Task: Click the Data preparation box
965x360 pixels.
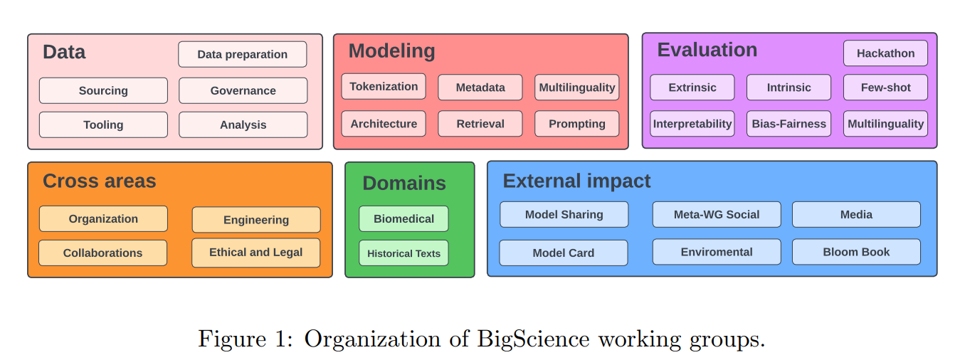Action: [x=243, y=54]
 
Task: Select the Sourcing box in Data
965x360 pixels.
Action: [x=103, y=90]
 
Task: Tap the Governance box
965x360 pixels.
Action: [x=243, y=90]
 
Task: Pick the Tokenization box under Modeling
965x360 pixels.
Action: [x=384, y=87]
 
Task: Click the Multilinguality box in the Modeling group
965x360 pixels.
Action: [x=577, y=88]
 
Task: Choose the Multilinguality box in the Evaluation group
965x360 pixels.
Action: [x=885, y=124]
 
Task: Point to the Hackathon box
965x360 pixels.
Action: [x=885, y=53]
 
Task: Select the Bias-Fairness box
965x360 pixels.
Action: [x=789, y=124]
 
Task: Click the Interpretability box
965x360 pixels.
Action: [x=692, y=124]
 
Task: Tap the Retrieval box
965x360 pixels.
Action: [x=480, y=124]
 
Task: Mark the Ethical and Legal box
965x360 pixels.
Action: [x=256, y=253]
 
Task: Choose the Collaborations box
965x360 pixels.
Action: [x=103, y=253]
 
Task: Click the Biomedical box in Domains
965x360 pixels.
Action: [x=404, y=218]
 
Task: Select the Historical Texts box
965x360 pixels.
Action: [x=404, y=253]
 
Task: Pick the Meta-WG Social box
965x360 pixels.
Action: [x=717, y=214]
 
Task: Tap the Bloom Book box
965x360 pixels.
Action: [x=856, y=252]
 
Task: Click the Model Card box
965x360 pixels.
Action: [x=564, y=253]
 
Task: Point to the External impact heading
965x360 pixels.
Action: [x=576, y=181]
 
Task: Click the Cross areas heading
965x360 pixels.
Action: [x=99, y=181]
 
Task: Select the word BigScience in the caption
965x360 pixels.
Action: [x=533, y=339]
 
